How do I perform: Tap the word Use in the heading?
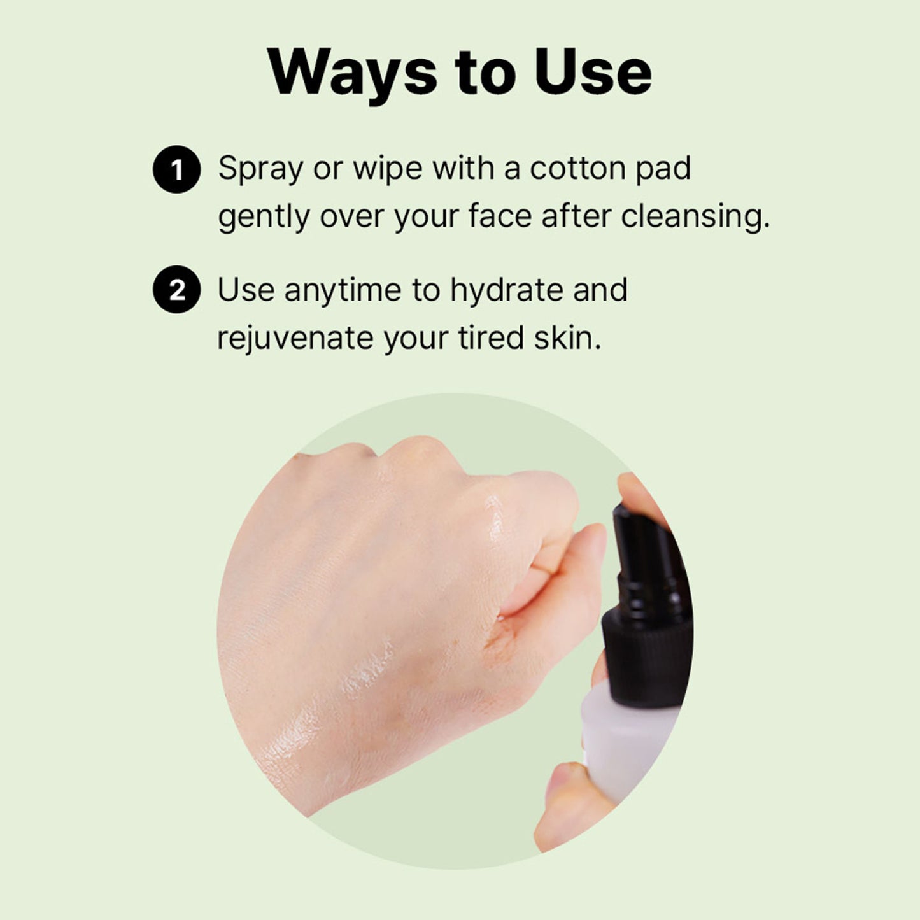click(x=593, y=71)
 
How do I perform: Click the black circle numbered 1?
click(x=176, y=169)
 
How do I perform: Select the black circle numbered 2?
click(x=176, y=289)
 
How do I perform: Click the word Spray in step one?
click(x=260, y=171)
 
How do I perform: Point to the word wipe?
click(x=388, y=171)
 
